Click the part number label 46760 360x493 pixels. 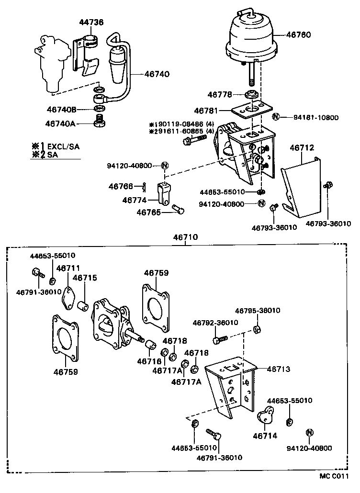coord(299,34)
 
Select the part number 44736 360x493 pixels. coord(91,22)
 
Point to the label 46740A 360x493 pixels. coord(60,123)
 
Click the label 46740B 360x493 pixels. coord(61,109)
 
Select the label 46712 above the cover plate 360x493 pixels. coord(302,148)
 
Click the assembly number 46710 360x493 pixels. coord(185,237)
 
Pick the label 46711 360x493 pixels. coord(68,268)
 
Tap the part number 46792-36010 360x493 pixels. coord(215,323)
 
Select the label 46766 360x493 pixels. coord(120,186)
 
